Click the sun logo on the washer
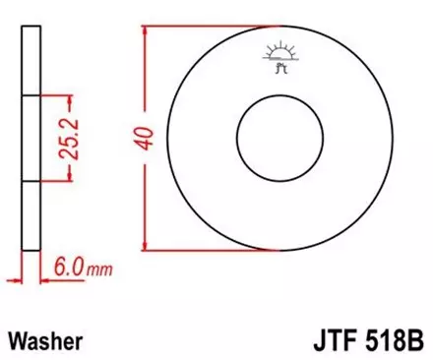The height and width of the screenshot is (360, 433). click(x=275, y=56)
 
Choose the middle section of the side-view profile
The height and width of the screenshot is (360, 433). click(x=31, y=139)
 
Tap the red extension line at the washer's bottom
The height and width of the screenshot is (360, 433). click(x=207, y=248)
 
